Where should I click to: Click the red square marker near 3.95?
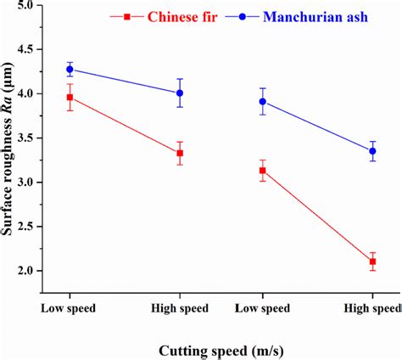[70, 98]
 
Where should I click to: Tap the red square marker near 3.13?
[262, 171]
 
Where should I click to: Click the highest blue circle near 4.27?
[70, 69]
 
